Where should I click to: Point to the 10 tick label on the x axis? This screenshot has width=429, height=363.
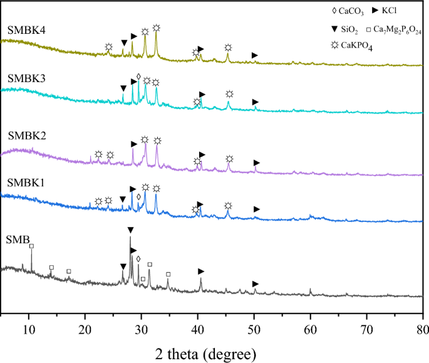coord(29,326)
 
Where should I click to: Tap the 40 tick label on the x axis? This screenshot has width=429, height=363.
coord(198,326)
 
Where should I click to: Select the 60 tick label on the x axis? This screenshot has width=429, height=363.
coord(311,326)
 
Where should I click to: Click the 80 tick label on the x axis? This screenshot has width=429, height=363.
coord(422,326)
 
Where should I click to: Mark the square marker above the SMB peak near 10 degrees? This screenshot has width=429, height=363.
coord(31,246)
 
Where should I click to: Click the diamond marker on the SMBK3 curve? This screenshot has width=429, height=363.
coord(138,76)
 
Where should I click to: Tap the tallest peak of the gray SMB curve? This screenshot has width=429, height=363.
coord(130,238)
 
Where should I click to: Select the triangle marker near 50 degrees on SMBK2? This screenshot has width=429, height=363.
coord(256,162)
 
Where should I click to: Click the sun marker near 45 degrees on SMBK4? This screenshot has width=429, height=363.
coord(228,48)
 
